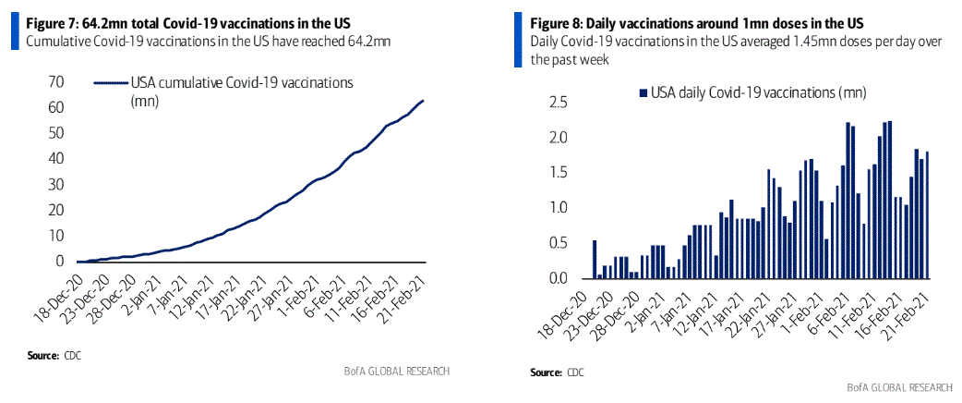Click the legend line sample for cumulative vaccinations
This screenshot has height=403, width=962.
111,83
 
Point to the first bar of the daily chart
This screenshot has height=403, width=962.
595,259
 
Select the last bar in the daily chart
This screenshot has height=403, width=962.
927,215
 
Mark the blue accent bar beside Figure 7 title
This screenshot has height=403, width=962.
13,32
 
